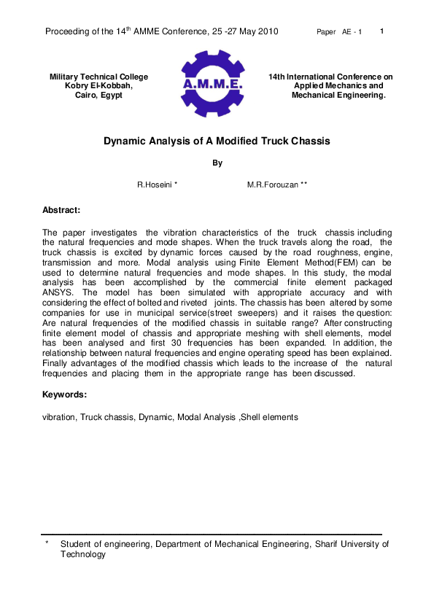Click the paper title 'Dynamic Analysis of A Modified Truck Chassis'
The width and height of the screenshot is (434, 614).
click(217, 141)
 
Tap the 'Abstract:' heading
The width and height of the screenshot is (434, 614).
click(61, 210)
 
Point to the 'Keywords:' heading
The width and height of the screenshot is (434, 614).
click(64, 395)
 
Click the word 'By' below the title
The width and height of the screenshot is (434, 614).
click(217, 163)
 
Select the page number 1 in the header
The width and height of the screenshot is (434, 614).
click(383, 31)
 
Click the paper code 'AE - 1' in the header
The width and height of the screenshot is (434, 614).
click(352, 32)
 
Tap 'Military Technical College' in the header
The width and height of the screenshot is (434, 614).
click(98, 77)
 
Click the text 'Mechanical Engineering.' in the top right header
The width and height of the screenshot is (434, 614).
click(338, 96)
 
